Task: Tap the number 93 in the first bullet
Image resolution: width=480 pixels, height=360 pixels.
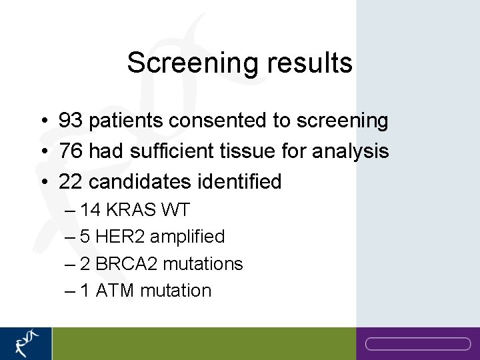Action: click(x=71, y=121)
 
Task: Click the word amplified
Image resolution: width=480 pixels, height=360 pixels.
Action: click(x=187, y=237)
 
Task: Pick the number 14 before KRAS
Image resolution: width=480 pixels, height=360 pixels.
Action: click(x=91, y=210)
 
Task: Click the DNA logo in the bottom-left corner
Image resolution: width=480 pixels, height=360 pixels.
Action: click(x=26, y=343)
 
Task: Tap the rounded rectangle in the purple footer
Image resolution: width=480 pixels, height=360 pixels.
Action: click(x=418, y=344)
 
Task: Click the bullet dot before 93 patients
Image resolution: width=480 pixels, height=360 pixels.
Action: click(x=42, y=121)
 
